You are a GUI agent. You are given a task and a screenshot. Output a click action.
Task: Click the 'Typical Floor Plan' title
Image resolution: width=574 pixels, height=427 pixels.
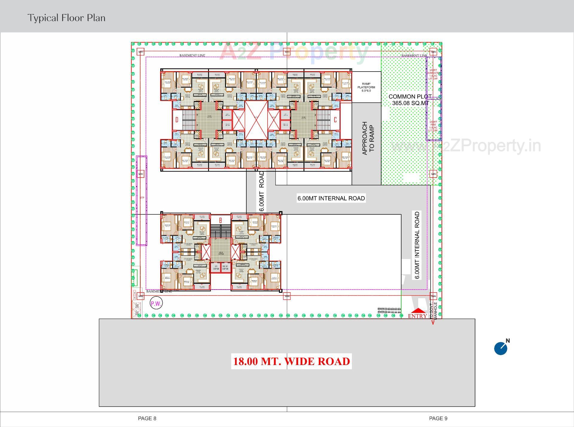click(x=66, y=18)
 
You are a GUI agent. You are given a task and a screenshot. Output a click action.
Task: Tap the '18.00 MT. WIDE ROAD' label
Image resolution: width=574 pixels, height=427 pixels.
click(x=291, y=361)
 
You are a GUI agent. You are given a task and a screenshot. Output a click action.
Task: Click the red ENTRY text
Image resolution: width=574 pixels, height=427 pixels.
click(x=417, y=316)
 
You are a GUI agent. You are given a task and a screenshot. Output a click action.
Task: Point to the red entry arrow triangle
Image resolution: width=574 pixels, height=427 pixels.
click(x=418, y=311)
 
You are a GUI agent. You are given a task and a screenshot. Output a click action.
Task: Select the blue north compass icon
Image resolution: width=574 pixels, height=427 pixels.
click(x=501, y=349)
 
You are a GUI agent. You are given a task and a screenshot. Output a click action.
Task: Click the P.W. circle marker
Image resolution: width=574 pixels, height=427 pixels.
click(x=156, y=304)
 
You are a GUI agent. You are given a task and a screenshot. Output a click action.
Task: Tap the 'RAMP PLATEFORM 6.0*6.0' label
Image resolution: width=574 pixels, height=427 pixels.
click(x=366, y=87)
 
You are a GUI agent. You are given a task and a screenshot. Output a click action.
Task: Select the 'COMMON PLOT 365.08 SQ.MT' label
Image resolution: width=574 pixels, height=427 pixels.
click(x=410, y=100)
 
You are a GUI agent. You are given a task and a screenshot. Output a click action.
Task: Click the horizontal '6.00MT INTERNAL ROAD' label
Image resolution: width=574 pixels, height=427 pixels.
click(x=331, y=198)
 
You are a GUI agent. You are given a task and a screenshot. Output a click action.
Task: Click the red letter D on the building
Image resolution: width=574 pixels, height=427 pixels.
click(x=177, y=120)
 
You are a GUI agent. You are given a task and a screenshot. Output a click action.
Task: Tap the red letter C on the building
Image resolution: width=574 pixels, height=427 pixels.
click(x=335, y=120)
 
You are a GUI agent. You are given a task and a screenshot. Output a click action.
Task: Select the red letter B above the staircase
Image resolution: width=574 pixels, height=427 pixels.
click(x=221, y=220)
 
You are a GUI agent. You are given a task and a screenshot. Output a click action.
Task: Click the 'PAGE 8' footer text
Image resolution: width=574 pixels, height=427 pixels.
click(x=147, y=418)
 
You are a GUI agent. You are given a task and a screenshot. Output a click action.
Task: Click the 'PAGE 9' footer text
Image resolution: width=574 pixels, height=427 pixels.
click(x=438, y=418)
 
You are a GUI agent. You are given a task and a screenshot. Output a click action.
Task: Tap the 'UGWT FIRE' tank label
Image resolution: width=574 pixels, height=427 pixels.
click(x=433, y=126)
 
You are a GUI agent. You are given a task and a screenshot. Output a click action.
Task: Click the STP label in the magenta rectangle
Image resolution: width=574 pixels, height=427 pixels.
click(x=142, y=198)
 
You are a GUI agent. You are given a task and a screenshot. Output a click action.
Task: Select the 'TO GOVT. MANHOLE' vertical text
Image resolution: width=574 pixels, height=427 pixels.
click(x=433, y=311)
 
